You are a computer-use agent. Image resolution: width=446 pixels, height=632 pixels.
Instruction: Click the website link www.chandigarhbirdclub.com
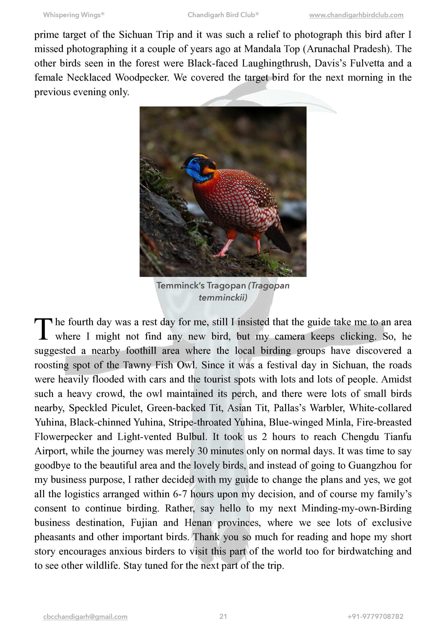coord(356,15)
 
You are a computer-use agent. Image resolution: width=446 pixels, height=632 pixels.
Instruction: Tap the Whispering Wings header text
coord(73,15)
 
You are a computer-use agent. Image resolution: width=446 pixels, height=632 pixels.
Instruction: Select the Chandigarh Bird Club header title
coord(223,15)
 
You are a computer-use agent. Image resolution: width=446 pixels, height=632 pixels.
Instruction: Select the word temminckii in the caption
coord(223,297)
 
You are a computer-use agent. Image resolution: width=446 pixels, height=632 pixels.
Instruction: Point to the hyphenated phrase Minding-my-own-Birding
coord(356,508)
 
